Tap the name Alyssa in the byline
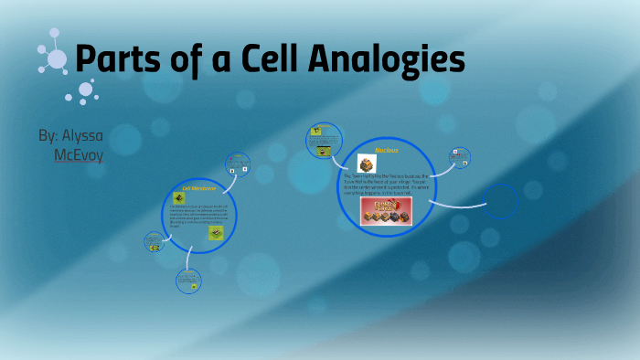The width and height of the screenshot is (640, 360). [x=82, y=135]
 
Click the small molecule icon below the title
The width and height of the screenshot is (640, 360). [x=83, y=91]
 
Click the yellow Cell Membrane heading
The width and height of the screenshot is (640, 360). [x=197, y=189]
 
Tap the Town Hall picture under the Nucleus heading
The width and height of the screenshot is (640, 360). [x=368, y=163]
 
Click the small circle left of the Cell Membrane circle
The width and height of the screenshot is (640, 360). [x=153, y=241]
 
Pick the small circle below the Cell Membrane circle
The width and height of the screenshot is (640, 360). [x=187, y=281]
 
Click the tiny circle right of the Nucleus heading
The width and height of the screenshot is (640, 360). [x=459, y=157]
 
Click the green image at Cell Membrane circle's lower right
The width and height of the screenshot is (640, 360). [x=216, y=233]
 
